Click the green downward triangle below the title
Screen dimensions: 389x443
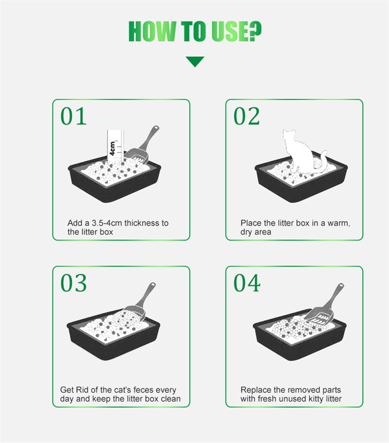pos(195,61)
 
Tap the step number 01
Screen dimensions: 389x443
pos(73,116)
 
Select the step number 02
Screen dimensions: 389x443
pos(246,116)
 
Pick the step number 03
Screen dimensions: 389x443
pos(73,283)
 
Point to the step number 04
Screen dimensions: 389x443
pos(247,283)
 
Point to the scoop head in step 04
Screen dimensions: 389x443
pos(320,316)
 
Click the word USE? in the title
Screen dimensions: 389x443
pos(237,31)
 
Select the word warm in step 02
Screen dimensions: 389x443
pos(339,223)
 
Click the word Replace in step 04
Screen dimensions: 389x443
pos(252,390)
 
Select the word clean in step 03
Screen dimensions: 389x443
pos(171,399)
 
